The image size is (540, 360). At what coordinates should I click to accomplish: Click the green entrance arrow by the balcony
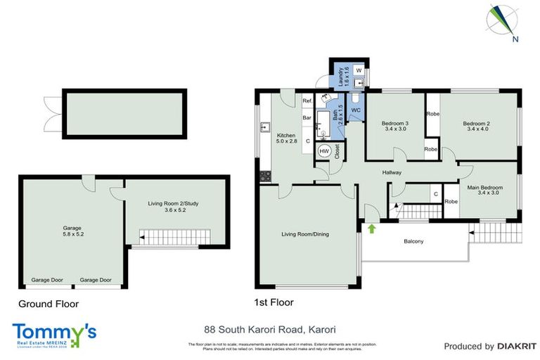[x=371, y=228]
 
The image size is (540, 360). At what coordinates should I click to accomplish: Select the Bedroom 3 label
[x=397, y=127]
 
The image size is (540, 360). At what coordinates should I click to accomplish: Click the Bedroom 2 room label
[x=476, y=127]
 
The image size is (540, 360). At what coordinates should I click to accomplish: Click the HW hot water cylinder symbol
[x=324, y=151]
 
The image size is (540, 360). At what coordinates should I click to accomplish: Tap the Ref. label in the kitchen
[x=307, y=101]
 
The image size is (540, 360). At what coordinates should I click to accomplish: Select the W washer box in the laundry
[x=358, y=71]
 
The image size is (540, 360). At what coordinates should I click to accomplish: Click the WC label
[x=356, y=111]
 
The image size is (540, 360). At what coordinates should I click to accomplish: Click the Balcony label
[x=413, y=242]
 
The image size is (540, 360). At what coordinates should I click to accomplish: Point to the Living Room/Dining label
[x=305, y=234]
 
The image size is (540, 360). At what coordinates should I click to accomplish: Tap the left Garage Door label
[x=46, y=280]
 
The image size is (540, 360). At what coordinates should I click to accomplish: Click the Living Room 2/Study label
[x=173, y=206]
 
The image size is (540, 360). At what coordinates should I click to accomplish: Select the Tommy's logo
[x=55, y=334]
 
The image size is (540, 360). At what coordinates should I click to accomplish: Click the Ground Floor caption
[x=49, y=304]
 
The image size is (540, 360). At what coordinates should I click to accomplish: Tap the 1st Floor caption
[x=273, y=302]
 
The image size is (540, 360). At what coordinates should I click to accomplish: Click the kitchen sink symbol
[x=265, y=127]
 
